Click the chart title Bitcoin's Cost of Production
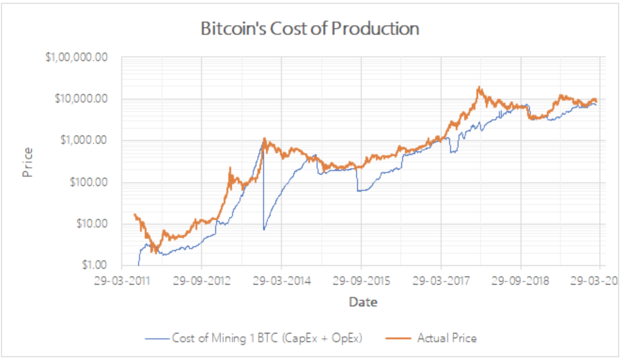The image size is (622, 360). [x=310, y=29]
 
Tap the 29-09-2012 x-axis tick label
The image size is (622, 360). [x=202, y=282]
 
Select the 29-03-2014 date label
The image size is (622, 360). [x=281, y=282]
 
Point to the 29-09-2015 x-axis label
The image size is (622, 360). [x=361, y=282]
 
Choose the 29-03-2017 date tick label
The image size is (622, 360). [x=441, y=282]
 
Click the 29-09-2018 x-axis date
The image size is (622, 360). [x=521, y=282]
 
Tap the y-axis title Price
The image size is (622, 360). [x=29, y=162]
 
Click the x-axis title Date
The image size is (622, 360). [x=363, y=302]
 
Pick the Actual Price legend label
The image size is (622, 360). [x=447, y=338]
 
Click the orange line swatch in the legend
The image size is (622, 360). [x=397, y=338]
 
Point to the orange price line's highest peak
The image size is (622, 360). [x=479, y=87]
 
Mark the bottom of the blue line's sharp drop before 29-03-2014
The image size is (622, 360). [x=264, y=229]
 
